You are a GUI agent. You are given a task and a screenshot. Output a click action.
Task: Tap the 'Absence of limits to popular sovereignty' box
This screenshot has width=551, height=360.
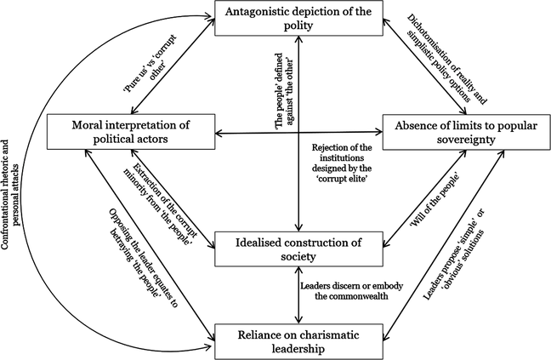coord(463,132)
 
